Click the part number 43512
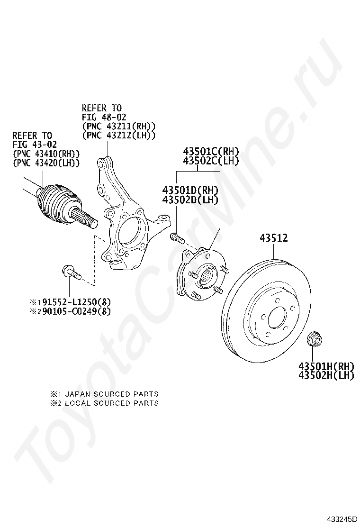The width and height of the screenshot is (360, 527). coord(273,238)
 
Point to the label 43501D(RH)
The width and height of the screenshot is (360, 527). coord(190,190)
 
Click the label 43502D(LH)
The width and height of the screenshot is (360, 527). coord(190,199)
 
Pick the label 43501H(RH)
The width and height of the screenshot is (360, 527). coord(326,366)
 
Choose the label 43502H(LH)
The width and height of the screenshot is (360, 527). coord(326,375)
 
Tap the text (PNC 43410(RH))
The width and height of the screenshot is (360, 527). coord(46,154)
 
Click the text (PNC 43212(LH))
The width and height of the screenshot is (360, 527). coord(118,135)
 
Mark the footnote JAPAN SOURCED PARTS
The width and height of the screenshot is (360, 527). coord(111,394)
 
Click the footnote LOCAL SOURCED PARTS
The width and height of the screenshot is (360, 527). coord(111,403)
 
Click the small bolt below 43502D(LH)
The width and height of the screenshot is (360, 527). coord(176,236)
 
